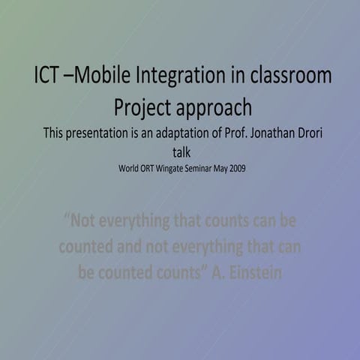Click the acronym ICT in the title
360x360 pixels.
48,76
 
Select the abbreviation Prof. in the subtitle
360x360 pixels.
250,134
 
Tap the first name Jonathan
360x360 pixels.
293,134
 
